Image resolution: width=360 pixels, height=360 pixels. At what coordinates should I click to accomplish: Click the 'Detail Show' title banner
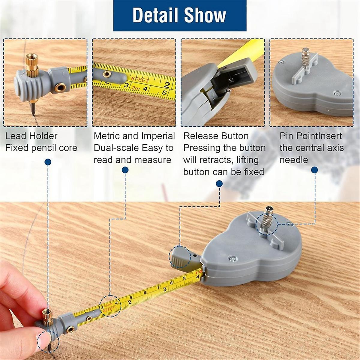180,15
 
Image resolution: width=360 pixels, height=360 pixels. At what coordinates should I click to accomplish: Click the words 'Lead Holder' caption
31,136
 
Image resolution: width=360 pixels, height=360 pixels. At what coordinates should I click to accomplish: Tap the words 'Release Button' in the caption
216,136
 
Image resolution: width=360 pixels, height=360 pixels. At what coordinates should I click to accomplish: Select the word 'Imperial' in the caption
157,136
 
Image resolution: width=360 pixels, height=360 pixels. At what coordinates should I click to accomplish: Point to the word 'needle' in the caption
294,160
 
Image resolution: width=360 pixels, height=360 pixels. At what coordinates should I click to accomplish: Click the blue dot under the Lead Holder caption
48,162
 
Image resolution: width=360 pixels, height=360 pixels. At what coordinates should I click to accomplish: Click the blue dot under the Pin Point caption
314,170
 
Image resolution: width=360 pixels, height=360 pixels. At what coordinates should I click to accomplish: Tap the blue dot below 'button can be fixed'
219,183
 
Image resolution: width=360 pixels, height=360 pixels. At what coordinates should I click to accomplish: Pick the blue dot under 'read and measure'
125,170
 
